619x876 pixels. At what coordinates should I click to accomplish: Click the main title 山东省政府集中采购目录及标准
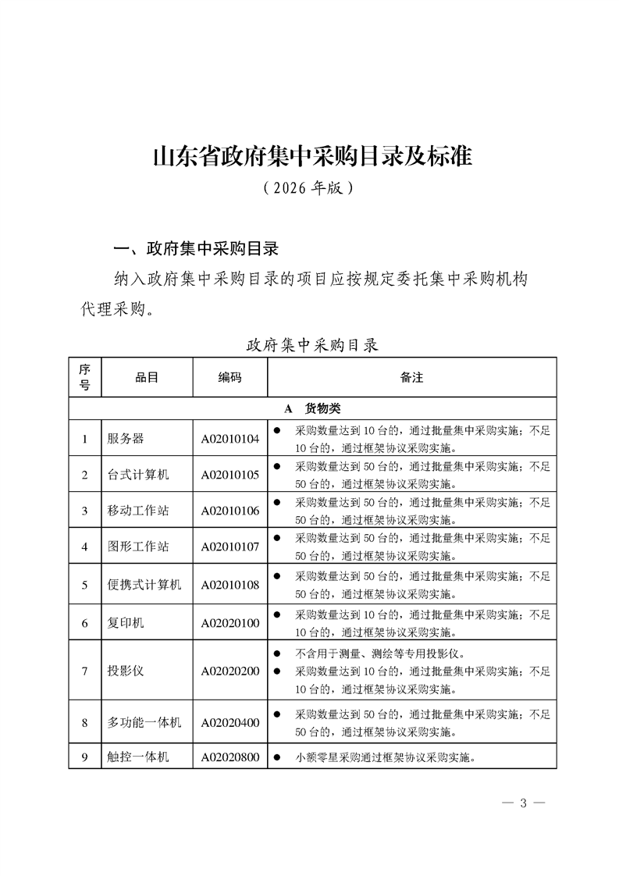312,156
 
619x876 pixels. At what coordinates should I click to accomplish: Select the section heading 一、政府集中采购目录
197,250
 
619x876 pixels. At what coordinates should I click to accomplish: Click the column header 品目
147,377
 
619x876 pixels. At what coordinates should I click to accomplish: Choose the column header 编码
229,377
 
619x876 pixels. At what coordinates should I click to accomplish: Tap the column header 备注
411,377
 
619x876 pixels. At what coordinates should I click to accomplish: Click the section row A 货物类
312,408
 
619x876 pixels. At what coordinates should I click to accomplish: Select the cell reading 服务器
126,439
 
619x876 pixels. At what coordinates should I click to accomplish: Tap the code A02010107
229,547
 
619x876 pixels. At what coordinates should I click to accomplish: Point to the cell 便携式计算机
144,584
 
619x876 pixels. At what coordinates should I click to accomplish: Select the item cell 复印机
126,623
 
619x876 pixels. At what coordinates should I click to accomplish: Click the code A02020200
229,671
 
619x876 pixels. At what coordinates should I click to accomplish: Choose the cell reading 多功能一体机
144,722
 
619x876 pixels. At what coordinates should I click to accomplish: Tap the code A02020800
229,757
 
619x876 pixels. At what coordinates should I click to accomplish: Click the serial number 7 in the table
84,671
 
